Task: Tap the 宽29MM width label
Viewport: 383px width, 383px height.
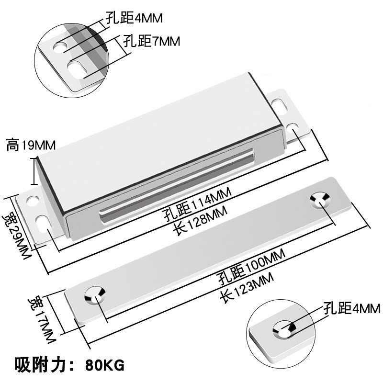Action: (15, 229)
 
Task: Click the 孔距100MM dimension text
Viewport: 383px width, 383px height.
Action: (249, 270)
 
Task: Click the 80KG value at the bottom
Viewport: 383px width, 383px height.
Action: (105, 366)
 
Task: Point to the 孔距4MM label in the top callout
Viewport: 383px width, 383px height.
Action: (134, 18)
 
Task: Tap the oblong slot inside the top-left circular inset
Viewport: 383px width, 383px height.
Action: (76, 68)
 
